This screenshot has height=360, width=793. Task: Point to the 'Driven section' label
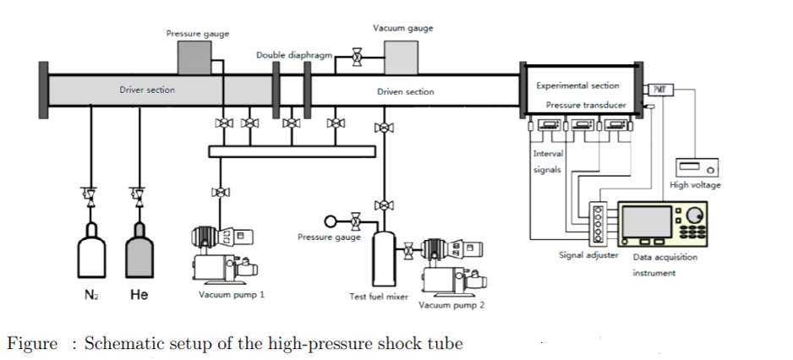coord(406,91)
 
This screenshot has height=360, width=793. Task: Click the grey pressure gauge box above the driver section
coord(194,58)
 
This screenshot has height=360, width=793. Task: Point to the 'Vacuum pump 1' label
coord(232,295)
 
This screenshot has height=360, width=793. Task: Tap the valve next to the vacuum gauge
coord(356,59)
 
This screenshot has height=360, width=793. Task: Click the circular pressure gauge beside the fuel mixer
coord(331,222)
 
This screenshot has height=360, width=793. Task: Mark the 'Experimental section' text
coord(577,85)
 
